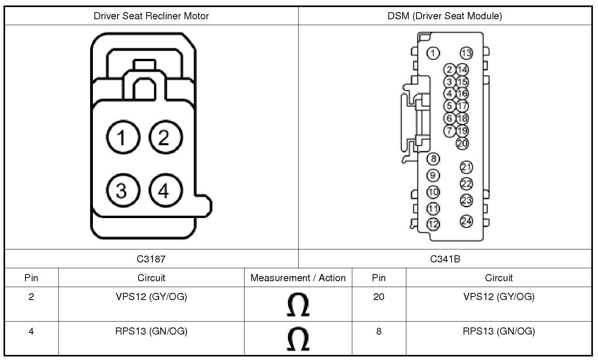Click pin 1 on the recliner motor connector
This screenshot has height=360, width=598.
coord(123,137)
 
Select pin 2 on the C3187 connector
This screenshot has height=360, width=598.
coord(165,137)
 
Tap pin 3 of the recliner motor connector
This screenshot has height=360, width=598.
coord(123,190)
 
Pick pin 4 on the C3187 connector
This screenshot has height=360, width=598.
coord(165,190)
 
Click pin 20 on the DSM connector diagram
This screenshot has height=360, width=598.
coord(462,143)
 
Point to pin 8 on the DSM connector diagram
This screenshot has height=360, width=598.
coord(433,159)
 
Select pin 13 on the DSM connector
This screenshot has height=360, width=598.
coord(466,53)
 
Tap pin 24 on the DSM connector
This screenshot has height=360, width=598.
coord(466,221)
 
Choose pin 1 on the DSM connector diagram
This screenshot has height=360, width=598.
coord(433,53)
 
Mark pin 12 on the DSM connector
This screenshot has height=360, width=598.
coord(433,224)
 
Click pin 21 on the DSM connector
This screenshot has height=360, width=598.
coord(466,167)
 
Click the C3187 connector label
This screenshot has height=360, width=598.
coord(151,259)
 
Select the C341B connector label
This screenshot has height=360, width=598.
coord(445,259)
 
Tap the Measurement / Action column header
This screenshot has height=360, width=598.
coord(298,278)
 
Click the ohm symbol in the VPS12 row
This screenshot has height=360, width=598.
coord(298,305)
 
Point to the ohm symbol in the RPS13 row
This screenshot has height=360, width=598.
coord(298,339)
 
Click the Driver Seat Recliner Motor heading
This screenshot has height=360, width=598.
coord(151,16)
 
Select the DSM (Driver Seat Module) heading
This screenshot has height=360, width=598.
coord(445,16)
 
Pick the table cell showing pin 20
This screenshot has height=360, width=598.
coord(379,297)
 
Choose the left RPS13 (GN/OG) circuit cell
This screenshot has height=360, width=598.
coord(151,331)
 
